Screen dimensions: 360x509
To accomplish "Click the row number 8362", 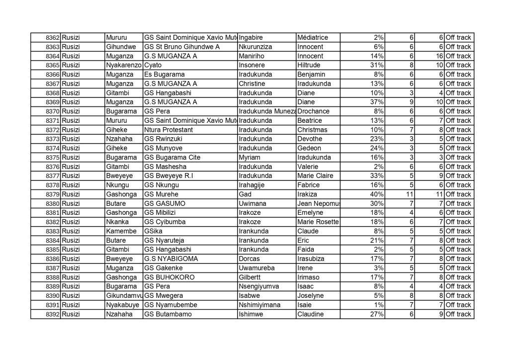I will coord(53,38).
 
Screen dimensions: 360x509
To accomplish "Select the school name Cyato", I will coord(152,66).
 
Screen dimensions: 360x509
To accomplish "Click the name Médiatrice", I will coord(312,38).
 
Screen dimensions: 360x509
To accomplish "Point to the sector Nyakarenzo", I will coord(123,66).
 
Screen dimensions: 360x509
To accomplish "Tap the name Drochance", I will coord(313,111).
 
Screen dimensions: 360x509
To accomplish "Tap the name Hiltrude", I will coord(310,66).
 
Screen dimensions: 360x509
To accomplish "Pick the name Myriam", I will coord(249,158).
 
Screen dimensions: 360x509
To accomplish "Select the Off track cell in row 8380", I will coord(458,204).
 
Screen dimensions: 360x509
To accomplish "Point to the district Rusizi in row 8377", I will coord(72,176).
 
